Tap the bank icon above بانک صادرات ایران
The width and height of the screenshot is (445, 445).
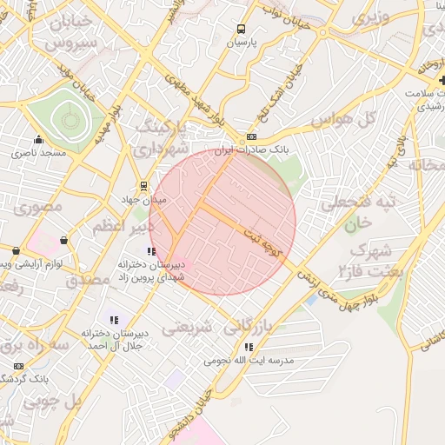(x=252, y=136)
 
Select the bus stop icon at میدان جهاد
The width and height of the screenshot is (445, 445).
(x=144, y=185)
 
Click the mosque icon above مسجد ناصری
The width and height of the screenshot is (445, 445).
(x=37, y=139)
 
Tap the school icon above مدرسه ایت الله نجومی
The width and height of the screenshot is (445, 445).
(x=249, y=347)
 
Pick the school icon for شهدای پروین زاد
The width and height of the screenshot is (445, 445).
(x=154, y=251)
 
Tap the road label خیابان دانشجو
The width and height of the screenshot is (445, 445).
(x=221, y=391)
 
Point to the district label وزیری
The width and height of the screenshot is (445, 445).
(x=375, y=17)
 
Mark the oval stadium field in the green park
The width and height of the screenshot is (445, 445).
(x=64, y=118)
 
